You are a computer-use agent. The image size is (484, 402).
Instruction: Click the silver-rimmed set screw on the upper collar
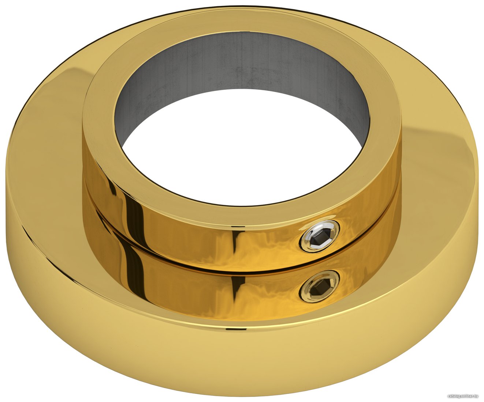pyautogui.click(x=319, y=236)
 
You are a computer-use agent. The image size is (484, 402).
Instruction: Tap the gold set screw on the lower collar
pyautogui.click(x=319, y=286)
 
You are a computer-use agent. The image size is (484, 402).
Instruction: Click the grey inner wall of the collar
pyautogui.click(x=241, y=76)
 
